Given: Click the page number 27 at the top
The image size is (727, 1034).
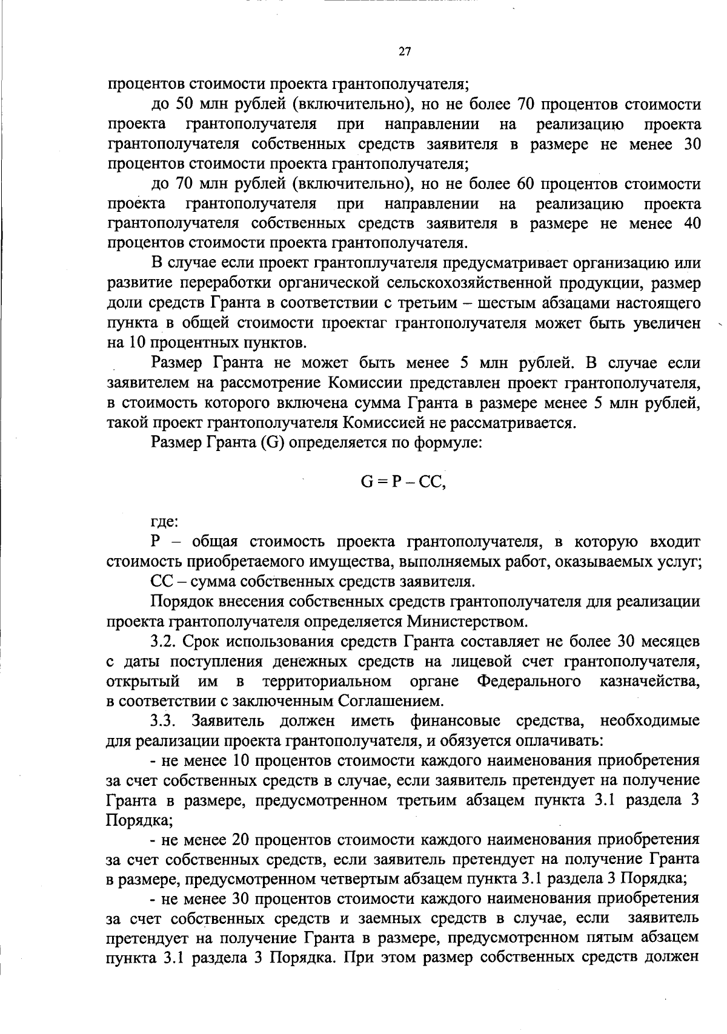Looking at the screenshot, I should tap(405, 52).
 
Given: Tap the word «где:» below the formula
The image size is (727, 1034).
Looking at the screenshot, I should tap(164, 520).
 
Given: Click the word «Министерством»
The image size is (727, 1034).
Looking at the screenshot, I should tap(463, 621).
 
